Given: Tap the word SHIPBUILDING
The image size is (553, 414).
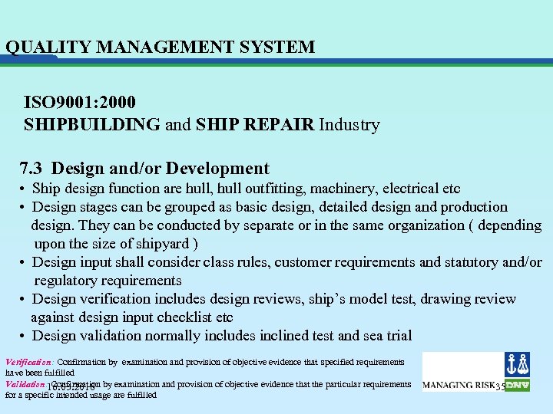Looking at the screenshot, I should click(x=92, y=124).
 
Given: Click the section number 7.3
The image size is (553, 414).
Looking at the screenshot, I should click(x=34, y=169).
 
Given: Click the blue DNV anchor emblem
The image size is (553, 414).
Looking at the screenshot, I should click(x=517, y=365).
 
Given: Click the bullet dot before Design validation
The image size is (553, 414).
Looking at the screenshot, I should click(x=25, y=336).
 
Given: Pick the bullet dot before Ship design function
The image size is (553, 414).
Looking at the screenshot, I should click(x=25, y=189).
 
